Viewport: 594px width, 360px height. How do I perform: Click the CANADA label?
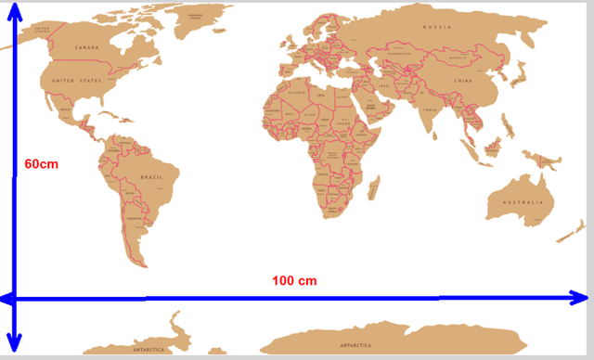pyautogui.click(x=86, y=47)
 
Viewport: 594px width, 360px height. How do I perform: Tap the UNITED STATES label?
pyautogui.click(x=75, y=82)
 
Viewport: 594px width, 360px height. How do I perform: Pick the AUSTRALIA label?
pyautogui.click(x=522, y=201)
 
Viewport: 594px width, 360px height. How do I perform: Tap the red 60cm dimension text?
pyautogui.click(x=41, y=163)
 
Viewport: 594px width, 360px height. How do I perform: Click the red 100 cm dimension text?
pyautogui.click(x=295, y=280)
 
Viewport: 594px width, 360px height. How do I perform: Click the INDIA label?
pyautogui.click(x=429, y=109)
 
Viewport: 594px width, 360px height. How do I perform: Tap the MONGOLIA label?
pyautogui.click(x=458, y=57)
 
